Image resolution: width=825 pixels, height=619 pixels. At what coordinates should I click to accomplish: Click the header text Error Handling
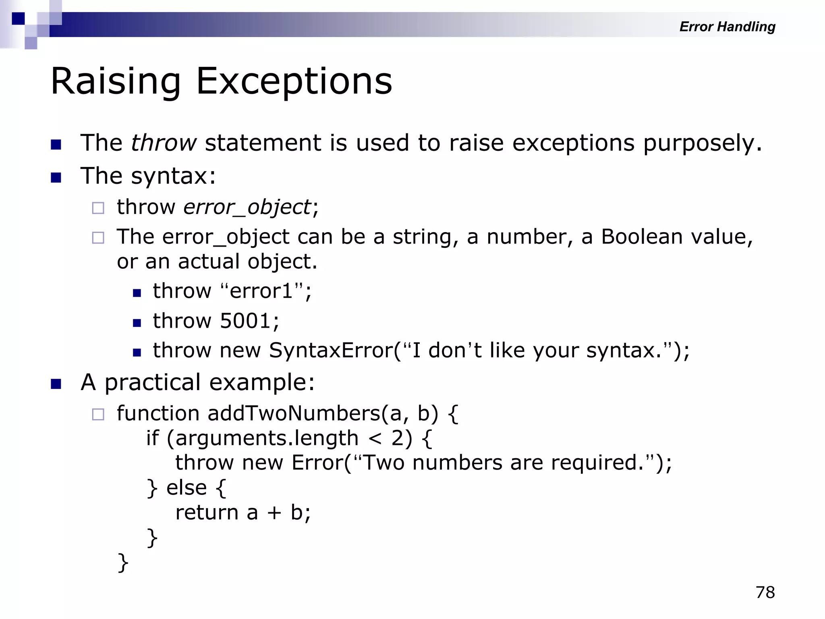[727, 27]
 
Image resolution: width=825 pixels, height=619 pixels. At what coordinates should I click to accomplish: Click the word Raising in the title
[116, 82]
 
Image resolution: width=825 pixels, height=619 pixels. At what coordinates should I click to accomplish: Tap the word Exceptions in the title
[294, 82]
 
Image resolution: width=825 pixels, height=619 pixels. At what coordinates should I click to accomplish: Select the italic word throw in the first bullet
[164, 143]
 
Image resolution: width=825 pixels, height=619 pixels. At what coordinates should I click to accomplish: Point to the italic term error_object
[247, 208]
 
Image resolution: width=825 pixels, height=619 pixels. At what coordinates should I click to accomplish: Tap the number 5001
[245, 321]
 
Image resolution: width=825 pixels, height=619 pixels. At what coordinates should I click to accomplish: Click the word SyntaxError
[331, 350]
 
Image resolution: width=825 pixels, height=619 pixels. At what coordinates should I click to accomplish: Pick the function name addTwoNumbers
[294, 413]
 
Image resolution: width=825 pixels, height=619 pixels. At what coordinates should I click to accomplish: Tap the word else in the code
[187, 488]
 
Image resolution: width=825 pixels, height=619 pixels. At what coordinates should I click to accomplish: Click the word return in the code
[207, 513]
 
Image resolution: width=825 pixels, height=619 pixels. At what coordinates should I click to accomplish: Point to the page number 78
[765, 592]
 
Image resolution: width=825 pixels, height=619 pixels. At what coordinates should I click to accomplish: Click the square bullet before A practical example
[56, 384]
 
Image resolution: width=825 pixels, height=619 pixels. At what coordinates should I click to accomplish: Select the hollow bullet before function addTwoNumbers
[98, 414]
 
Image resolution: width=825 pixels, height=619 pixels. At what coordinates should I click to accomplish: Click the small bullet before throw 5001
[137, 323]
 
